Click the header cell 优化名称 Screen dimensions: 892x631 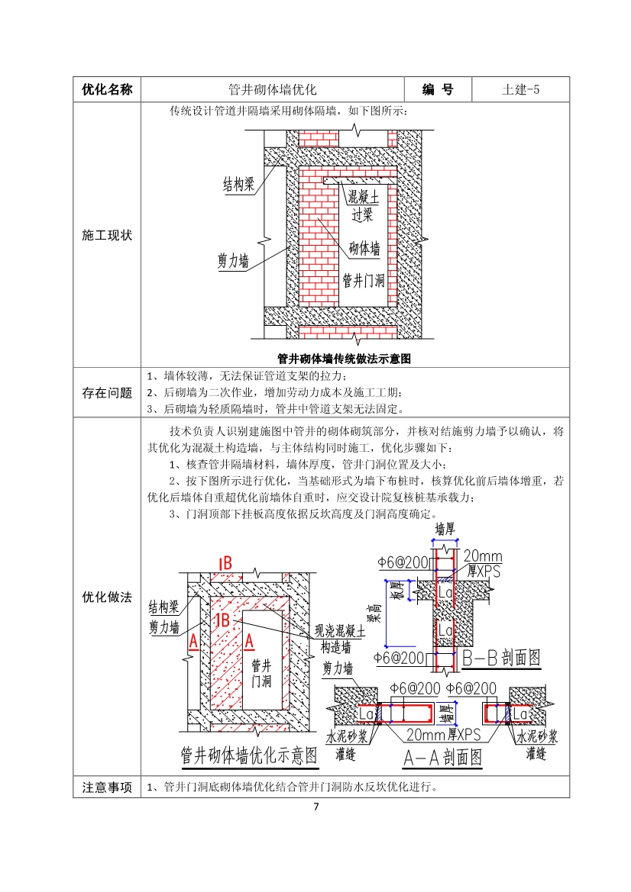[x=107, y=89]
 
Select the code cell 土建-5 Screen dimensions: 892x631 [x=521, y=89]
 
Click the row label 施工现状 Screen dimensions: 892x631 [x=107, y=235]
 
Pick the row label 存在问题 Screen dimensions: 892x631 [x=107, y=392]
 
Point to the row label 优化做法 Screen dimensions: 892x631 [x=107, y=596]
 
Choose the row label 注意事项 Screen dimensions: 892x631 [x=107, y=787]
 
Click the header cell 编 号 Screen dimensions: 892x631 [x=438, y=89]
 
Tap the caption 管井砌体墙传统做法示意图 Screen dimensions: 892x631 [x=344, y=358]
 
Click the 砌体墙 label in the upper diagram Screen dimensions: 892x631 [x=364, y=248]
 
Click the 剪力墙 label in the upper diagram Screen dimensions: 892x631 [x=233, y=261]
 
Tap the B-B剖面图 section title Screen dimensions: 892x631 [x=502, y=657]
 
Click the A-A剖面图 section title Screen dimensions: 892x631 [x=443, y=757]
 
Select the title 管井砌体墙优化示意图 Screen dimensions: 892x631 [x=248, y=755]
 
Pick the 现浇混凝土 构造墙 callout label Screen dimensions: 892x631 [x=340, y=639]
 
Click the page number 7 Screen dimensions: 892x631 [x=315, y=807]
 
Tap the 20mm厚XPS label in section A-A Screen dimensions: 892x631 [x=443, y=735]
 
